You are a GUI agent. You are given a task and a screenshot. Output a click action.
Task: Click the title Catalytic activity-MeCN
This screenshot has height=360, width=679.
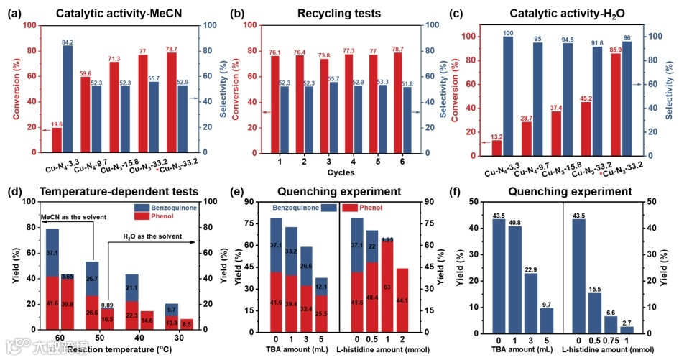point(117,11)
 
